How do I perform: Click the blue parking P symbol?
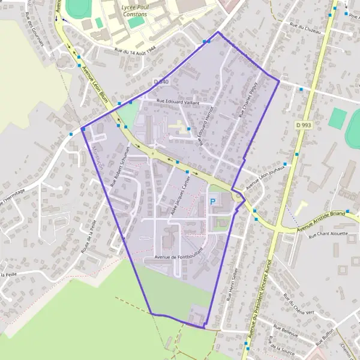pos(212,202)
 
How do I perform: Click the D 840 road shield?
pos(160,82)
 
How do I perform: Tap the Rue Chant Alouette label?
pos(328,235)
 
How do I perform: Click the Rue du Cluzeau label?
pos(305,26)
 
